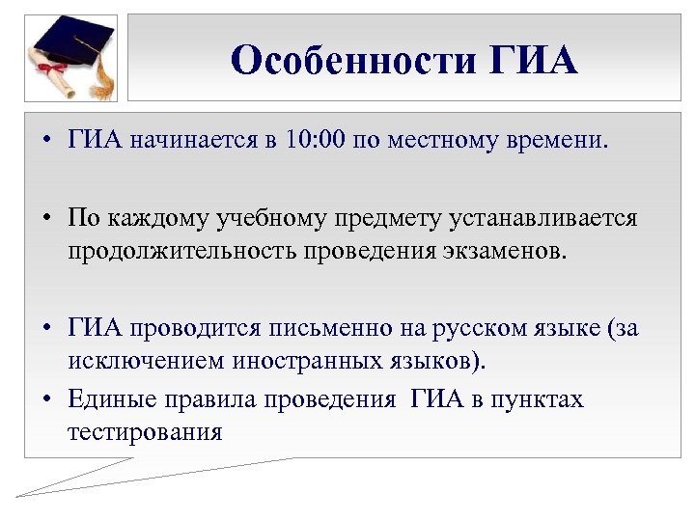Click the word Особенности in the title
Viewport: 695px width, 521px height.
353,61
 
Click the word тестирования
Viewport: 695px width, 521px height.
145,430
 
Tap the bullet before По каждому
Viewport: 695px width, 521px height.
46,219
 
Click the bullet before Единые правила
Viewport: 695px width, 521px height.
46,398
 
